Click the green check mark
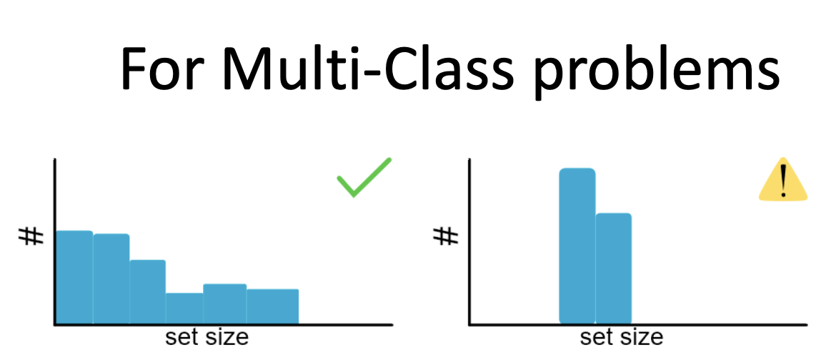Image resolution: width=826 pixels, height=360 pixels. [x=364, y=177]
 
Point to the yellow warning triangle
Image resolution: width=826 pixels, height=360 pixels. [x=783, y=179]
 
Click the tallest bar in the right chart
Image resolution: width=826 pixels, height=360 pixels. [x=577, y=246]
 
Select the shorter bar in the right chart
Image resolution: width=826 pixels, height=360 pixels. [x=614, y=269]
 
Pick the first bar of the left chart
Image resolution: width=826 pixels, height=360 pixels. [x=74, y=277]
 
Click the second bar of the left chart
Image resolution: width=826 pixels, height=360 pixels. [x=111, y=279]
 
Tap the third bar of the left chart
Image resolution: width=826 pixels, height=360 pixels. [x=147, y=292]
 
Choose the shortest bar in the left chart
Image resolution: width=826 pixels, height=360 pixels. [x=184, y=309]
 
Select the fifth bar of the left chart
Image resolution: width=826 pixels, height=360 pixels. [x=225, y=304]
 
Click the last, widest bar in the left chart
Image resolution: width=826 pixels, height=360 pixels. [x=272, y=307]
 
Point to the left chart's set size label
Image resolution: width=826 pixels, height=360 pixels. [x=206, y=338]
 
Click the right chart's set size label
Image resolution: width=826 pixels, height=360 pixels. [x=621, y=338]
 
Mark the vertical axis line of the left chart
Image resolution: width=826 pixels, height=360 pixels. [x=54, y=241]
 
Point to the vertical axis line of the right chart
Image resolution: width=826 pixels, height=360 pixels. [x=469, y=241]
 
